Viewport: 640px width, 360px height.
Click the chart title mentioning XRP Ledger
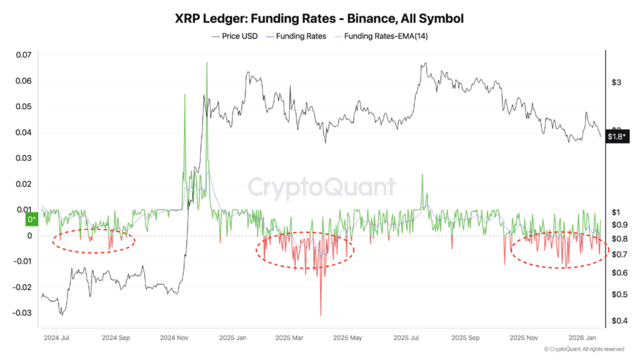coord(319,19)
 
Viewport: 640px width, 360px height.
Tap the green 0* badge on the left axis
coord(31,219)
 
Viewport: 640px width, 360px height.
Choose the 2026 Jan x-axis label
coord(581,338)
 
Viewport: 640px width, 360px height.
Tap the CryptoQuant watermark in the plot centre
coord(322,187)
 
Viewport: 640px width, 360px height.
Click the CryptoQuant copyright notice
coord(584,349)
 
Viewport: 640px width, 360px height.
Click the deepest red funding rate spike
coord(321,314)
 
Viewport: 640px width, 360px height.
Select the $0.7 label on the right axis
coord(617,254)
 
